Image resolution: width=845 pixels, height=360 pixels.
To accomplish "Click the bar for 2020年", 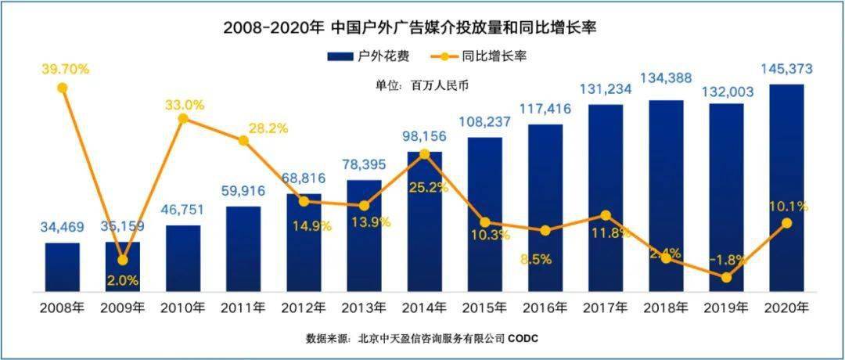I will [x=787, y=188].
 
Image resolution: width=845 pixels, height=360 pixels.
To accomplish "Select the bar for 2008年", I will [x=62, y=266].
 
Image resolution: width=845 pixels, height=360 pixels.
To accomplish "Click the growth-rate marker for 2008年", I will [x=63, y=88].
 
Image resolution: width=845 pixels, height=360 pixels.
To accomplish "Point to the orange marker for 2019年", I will [x=727, y=277].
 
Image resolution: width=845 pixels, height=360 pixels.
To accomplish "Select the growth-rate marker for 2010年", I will [x=183, y=119].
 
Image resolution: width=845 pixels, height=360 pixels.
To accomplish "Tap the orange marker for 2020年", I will [x=787, y=223].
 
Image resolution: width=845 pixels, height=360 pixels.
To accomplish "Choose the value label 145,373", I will [x=786, y=70].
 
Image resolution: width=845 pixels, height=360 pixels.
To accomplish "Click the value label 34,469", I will [x=62, y=228].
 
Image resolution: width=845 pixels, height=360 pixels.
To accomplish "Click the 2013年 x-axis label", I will [x=364, y=307].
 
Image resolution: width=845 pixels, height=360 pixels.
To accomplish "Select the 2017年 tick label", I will [x=606, y=307].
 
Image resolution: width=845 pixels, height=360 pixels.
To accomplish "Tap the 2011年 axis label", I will [x=243, y=307].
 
